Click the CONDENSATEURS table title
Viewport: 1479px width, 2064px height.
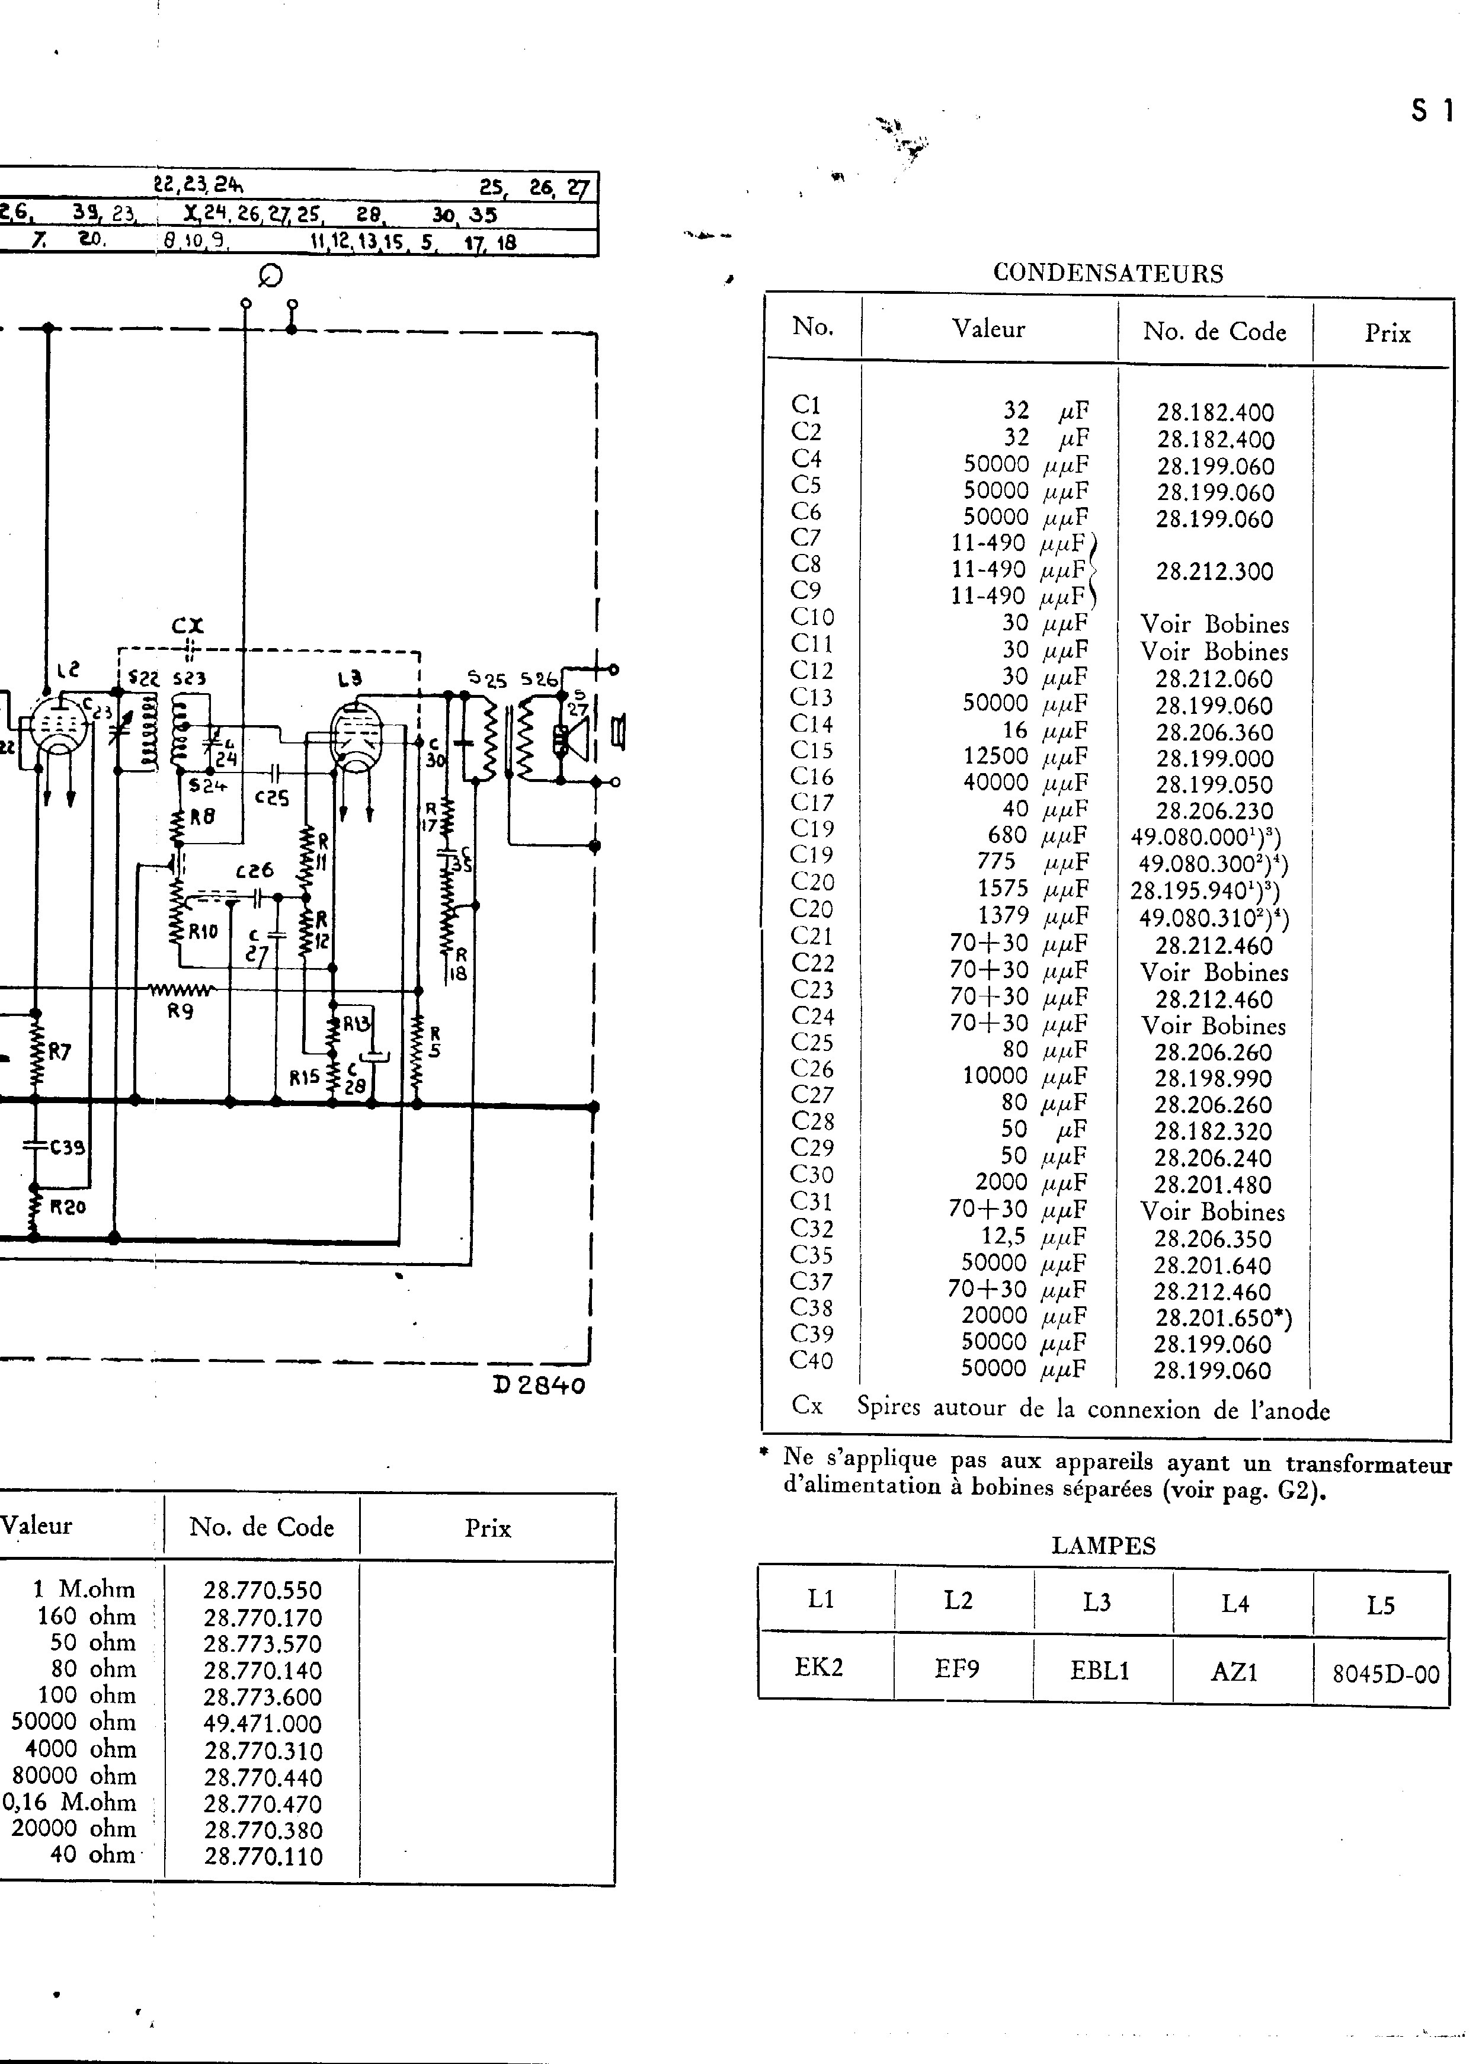[x=1107, y=273]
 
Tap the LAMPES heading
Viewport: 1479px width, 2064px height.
[x=1103, y=1545]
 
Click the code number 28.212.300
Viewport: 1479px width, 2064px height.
[x=1214, y=572]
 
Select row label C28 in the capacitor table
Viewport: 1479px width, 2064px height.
[x=812, y=1121]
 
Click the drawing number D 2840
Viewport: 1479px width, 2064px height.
[x=539, y=1385]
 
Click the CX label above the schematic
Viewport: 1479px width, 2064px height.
[x=187, y=626]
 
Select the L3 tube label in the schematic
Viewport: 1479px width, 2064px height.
[x=350, y=678]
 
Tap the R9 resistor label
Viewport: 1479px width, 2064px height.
[x=180, y=1011]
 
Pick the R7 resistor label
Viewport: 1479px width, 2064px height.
[x=59, y=1052]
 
